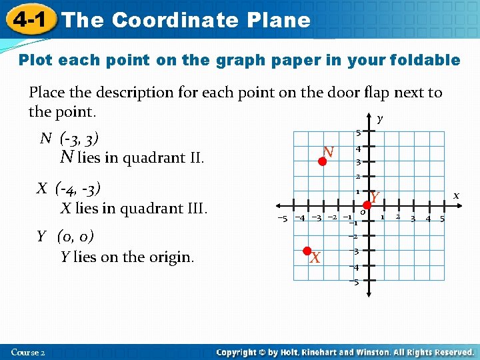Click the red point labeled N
pyautogui.click(x=322, y=161)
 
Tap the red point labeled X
pyautogui.click(x=307, y=251)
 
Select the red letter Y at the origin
pyautogui.click(x=375, y=197)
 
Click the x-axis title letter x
pyautogui.click(x=457, y=195)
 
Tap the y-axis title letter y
pyautogui.click(x=380, y=119)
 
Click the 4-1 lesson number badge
pyautogui.click(x=29, y=20)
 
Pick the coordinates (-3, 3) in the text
pyautogui.click(x=79, y=139)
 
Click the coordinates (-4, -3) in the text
pyautogui.click(x=78, y=187)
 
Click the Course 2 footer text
pyautogui.click(x=28, y=352)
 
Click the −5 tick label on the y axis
pyautogui.click(x=354, y=282)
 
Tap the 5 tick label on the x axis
pyautogui.click(x=442, y=219)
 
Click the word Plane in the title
pyautogui.click(x=278, y=20)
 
